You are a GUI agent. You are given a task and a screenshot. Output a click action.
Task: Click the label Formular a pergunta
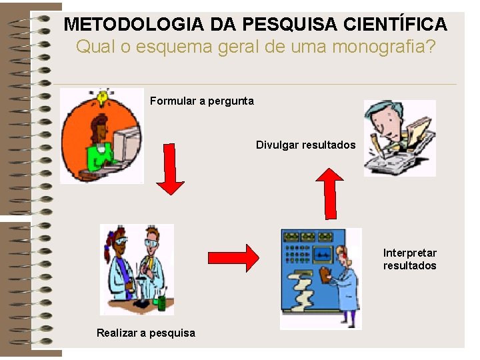click(201, 101)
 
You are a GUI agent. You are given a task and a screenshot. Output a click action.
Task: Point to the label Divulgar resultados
click(305, 145)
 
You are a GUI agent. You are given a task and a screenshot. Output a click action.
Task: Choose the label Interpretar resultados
click(409, 259)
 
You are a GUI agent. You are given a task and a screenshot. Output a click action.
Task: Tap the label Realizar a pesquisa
click(145, 333)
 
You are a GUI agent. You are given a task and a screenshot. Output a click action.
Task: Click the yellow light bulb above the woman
click(102, 97)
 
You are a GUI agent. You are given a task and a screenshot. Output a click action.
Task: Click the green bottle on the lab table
click(161, 303)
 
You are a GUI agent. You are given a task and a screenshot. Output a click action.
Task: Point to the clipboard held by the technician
click(326, 274)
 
